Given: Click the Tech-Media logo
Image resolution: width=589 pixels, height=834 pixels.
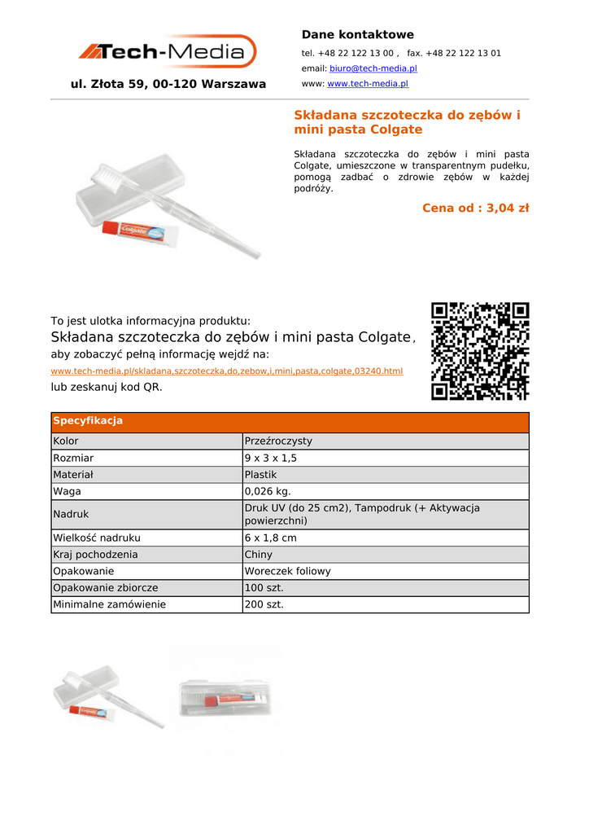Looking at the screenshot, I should click(x=168, y=52).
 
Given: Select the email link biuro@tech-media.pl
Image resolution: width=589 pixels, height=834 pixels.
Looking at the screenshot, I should click(x=373, y=68).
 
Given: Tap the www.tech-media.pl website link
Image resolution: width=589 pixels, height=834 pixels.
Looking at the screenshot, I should click(x=367, y=84).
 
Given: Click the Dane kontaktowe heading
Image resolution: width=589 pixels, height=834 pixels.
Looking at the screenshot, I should click(x=357, y=34).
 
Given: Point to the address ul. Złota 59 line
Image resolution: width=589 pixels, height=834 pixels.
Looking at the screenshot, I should click(x=168, y=84).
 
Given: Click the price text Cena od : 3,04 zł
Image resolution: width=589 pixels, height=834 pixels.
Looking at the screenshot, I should click(x=475, y=208).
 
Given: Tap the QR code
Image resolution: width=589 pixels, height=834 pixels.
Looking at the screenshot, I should click(x=480, y=351).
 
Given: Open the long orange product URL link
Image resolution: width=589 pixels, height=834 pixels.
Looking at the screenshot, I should click(x=227, y=371).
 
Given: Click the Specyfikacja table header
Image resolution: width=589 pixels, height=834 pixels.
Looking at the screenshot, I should click(x=88, y=421).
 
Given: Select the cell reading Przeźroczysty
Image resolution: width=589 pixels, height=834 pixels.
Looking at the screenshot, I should click(x=278, y=441).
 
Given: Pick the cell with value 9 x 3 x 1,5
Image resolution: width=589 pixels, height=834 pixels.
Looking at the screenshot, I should click(x=271, y=459).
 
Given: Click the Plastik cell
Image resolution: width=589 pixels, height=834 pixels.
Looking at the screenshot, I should click(x=261, y=475).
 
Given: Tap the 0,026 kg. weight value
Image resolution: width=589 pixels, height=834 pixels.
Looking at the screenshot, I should click(x=268, y=492).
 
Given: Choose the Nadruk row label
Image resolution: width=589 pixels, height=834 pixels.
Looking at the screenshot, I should click(x=71, y=515).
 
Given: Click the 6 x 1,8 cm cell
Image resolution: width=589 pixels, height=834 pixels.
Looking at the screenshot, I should click(x=271, y=538).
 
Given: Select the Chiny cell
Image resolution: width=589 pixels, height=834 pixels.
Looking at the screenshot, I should click(x=259, y=555).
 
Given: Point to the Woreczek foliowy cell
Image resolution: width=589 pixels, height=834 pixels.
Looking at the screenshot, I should click(x=288, y=572).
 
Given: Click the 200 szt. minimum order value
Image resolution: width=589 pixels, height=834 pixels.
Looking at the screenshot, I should click(x=264, y=605).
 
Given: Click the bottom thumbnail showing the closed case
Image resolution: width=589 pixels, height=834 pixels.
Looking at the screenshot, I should click(x=226, y=697).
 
